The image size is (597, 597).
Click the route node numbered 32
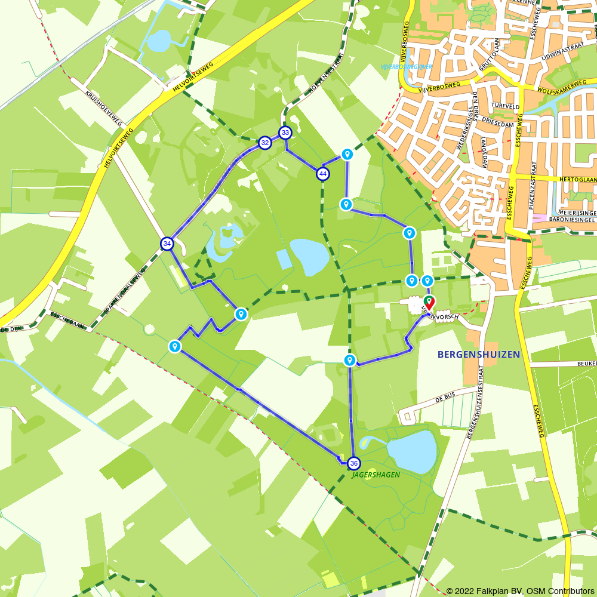click(264, 143)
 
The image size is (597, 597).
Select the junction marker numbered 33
click(285, 133)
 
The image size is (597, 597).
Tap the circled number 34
click(167, 244)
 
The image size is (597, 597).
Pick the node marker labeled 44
click(323, 174)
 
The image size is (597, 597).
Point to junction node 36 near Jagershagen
click(354, 463)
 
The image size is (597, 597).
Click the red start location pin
click(429, 302)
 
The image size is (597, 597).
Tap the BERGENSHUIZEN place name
click(479, 354)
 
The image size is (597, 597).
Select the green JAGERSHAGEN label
click(376, 475)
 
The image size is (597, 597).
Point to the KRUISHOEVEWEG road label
click(104, 108)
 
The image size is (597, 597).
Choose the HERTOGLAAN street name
click(576, 179)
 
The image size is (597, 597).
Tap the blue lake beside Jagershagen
click(413, 451)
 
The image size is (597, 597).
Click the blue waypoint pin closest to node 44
click(347, 155)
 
